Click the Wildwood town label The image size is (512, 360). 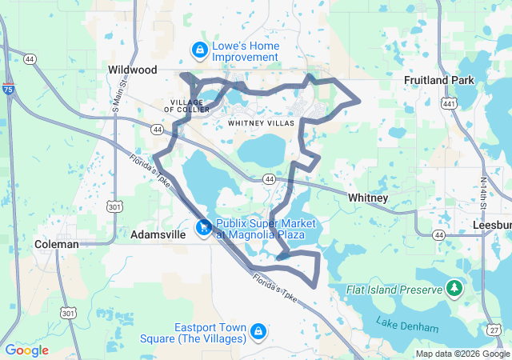click(133, 70)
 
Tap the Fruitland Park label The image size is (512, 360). click(439, 80)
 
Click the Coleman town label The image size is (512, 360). click(57, 244)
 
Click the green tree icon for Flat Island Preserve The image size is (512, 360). click(454, 287)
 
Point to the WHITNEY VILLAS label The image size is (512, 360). click(262, 123)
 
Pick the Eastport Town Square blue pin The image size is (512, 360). click(258, 331)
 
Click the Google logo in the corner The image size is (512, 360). click(26, 350)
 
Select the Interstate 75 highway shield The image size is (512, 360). click(8, 90)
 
